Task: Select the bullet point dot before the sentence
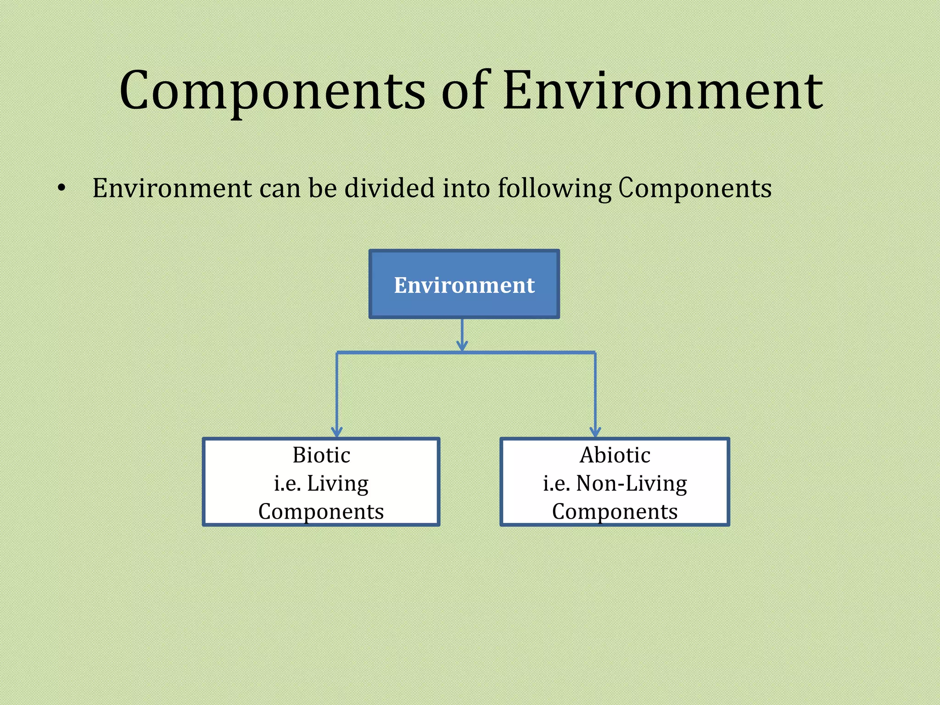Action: tap(62, 189)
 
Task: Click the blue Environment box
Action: tap(464, 285)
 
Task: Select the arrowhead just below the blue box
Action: tap(462, 346)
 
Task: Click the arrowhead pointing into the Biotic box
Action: tap(337, 431)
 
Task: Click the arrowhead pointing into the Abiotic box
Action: tap(595, 431)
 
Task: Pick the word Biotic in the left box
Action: tap(321, 455)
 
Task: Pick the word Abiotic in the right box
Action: tap(615, 455)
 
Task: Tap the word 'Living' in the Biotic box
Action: tap(337, 484)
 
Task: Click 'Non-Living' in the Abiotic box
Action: tap(631, 484)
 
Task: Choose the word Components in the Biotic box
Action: tap(321, 512)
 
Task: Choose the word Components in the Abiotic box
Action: tap(615, 512)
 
